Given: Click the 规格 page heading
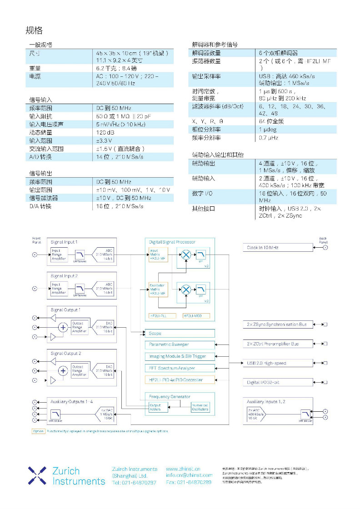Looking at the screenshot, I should click(x=34, y=30).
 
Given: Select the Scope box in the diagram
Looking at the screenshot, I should click(x=180, y=333).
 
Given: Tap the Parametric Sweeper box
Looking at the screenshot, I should click(x=180, y=345).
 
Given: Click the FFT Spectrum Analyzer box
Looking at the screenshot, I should click(x=180, y=368).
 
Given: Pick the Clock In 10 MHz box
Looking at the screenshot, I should click(x=278, y=248).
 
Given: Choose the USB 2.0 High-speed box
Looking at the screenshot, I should click(x=278, y=363).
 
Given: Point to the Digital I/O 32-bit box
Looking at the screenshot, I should click(x=278, y=382).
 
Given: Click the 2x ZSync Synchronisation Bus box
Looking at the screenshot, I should click(x=278, y=325).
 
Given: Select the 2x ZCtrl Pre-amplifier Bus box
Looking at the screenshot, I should click(x=278, y=344).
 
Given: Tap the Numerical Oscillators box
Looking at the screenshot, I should click(x=200, y=407).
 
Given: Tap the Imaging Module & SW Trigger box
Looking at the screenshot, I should click(x=180, y=356).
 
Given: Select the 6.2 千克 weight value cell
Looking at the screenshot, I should click(x=132, y=68).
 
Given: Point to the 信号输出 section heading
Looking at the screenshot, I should click(x=41, y=173).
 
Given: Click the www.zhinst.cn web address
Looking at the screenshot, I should click(x=183, y=469).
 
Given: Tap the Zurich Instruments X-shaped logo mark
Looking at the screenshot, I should click(x=37, y=475).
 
